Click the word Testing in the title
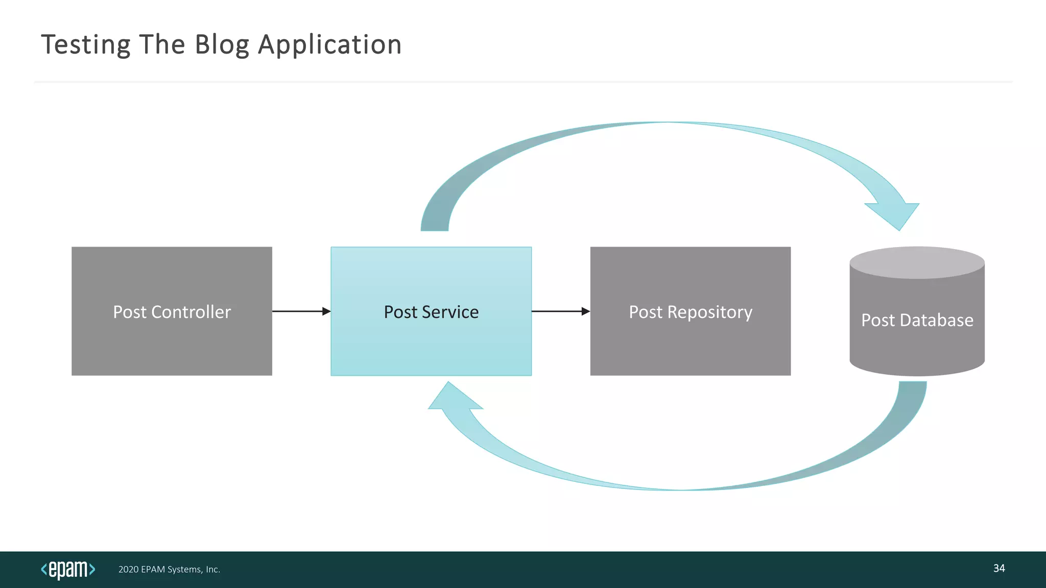[85, 45]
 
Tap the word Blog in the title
[222, 45]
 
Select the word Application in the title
[329, 45]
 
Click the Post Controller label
[172, 312]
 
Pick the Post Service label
[431, 312]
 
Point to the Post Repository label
[691, 312]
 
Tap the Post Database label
[917, 320]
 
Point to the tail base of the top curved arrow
[435, 225]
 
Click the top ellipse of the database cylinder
[917, 263]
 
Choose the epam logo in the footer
[68, 569]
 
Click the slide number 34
[999, 568]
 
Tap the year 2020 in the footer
[128, 570]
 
